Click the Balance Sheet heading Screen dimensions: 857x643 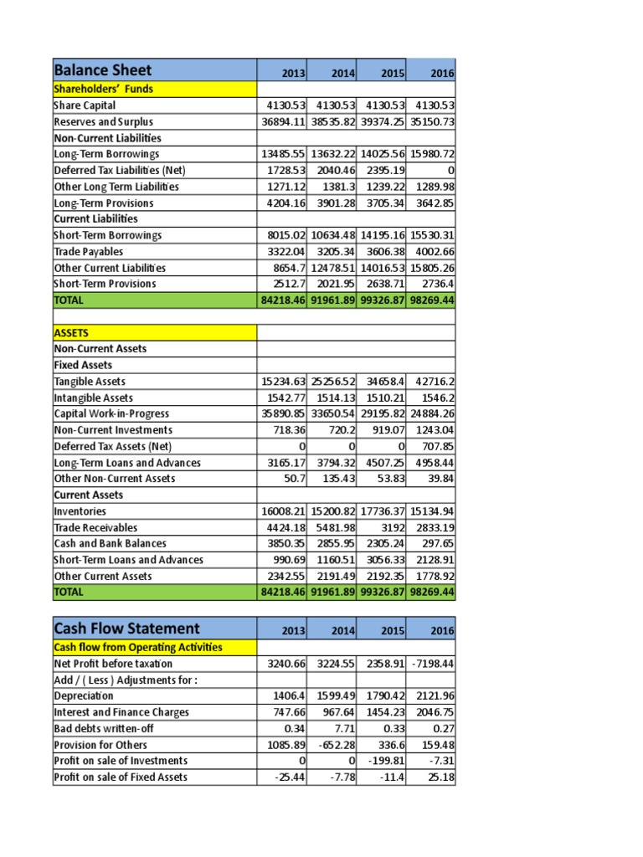pyautogui.click(x=103, y=70)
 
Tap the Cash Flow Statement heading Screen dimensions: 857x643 pyautogui.click(x=126, y=629)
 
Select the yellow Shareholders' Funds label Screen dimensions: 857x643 pyautogui.click(x=103, y=89)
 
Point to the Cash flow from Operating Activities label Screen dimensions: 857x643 pyautogui.click(x=138, y=647)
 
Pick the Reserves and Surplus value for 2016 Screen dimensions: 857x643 pyautogui.click(x=431, y=122)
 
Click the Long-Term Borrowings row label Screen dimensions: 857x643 pyautogui.click(x=106, y=154)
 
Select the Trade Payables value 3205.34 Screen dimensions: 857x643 pyautogui.click(x=334, y=252)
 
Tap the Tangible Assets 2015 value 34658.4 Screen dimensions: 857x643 pyautogui.click(x=384, y=382)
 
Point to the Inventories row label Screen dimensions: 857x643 pyautogui.click(x=80, y=511)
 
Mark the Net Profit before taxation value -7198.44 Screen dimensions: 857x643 pyautogui.click(x=431, y=664)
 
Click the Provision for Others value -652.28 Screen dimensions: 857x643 pyautogui.click(x=334, y=745)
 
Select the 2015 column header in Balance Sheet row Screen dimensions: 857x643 pyautogui.click(x=394, y=74)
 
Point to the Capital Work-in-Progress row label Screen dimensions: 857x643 pyautogui.click(x=111, y=414)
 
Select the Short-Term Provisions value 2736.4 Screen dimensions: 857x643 pyautogui.click(x=436, y=284)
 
